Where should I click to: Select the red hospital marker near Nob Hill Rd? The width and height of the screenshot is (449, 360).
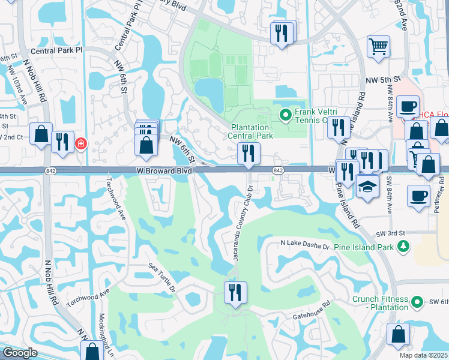click(x=80, y=144)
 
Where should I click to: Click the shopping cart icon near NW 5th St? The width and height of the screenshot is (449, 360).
click(x=378, y=46)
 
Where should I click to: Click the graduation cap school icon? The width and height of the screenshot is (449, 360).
click(x=367, y=186)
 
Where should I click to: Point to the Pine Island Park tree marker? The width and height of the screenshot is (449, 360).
click(x=404, y=246)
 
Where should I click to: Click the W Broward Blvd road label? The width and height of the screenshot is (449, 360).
click(x=164, y=171)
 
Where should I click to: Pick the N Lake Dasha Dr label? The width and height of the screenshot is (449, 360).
click(x=306, y=245)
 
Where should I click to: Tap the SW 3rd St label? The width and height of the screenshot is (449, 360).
click(x=391, y=233)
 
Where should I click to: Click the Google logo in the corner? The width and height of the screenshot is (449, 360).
click(x=20, y=353)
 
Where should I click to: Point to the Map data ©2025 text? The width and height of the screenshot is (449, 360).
click(x=424, y=355)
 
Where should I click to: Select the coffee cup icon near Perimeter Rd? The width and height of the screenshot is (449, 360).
click(x=418, y=195)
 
